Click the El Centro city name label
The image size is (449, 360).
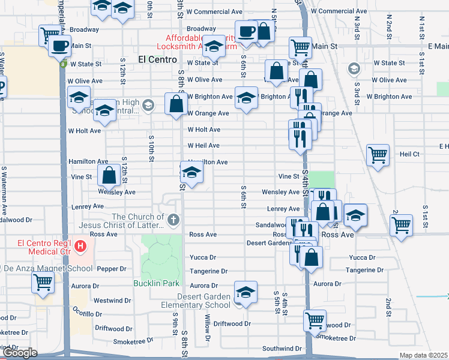(157, 59)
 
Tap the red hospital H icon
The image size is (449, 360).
(79, 245)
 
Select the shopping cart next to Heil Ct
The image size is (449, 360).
(378, 155)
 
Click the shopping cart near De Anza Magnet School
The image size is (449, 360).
(43, 281)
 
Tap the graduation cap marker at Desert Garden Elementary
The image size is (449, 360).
(245, 293)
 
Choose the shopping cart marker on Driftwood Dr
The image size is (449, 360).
(315, 320)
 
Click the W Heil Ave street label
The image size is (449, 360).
(203, 146)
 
